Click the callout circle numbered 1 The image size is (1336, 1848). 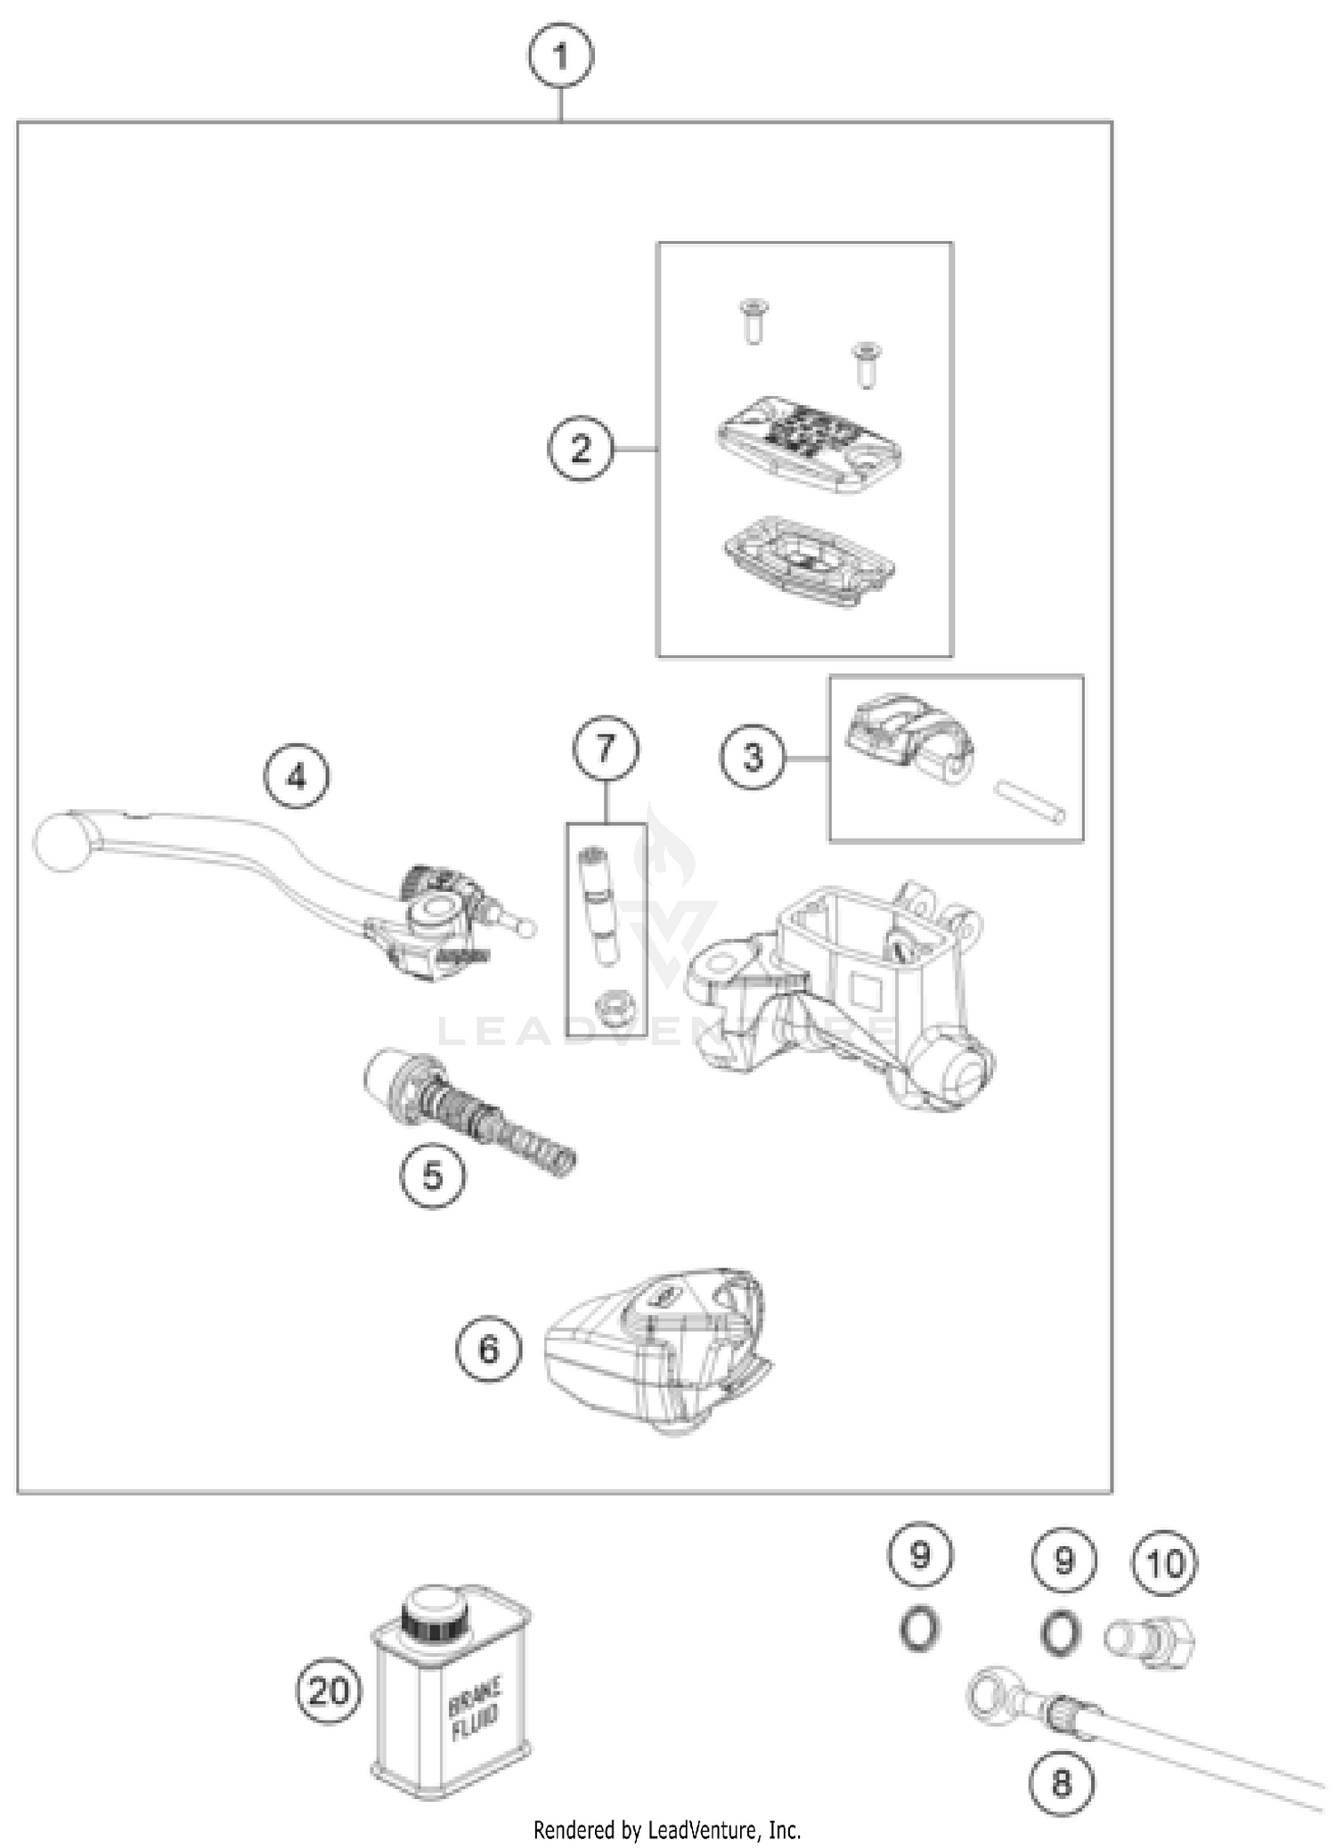tap(560, 57)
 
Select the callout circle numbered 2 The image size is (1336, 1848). tap(581, 448)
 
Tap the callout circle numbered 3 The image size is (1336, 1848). tap(754, 758)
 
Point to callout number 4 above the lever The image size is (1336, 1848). tap(297, 776)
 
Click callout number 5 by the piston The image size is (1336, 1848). tap(432, 1175)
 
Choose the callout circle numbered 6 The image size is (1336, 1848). tap(488, 1349)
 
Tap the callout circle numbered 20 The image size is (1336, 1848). tap(329, 1690)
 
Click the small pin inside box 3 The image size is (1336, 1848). tap(1028, 801)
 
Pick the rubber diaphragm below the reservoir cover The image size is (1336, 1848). tap(809, 561)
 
